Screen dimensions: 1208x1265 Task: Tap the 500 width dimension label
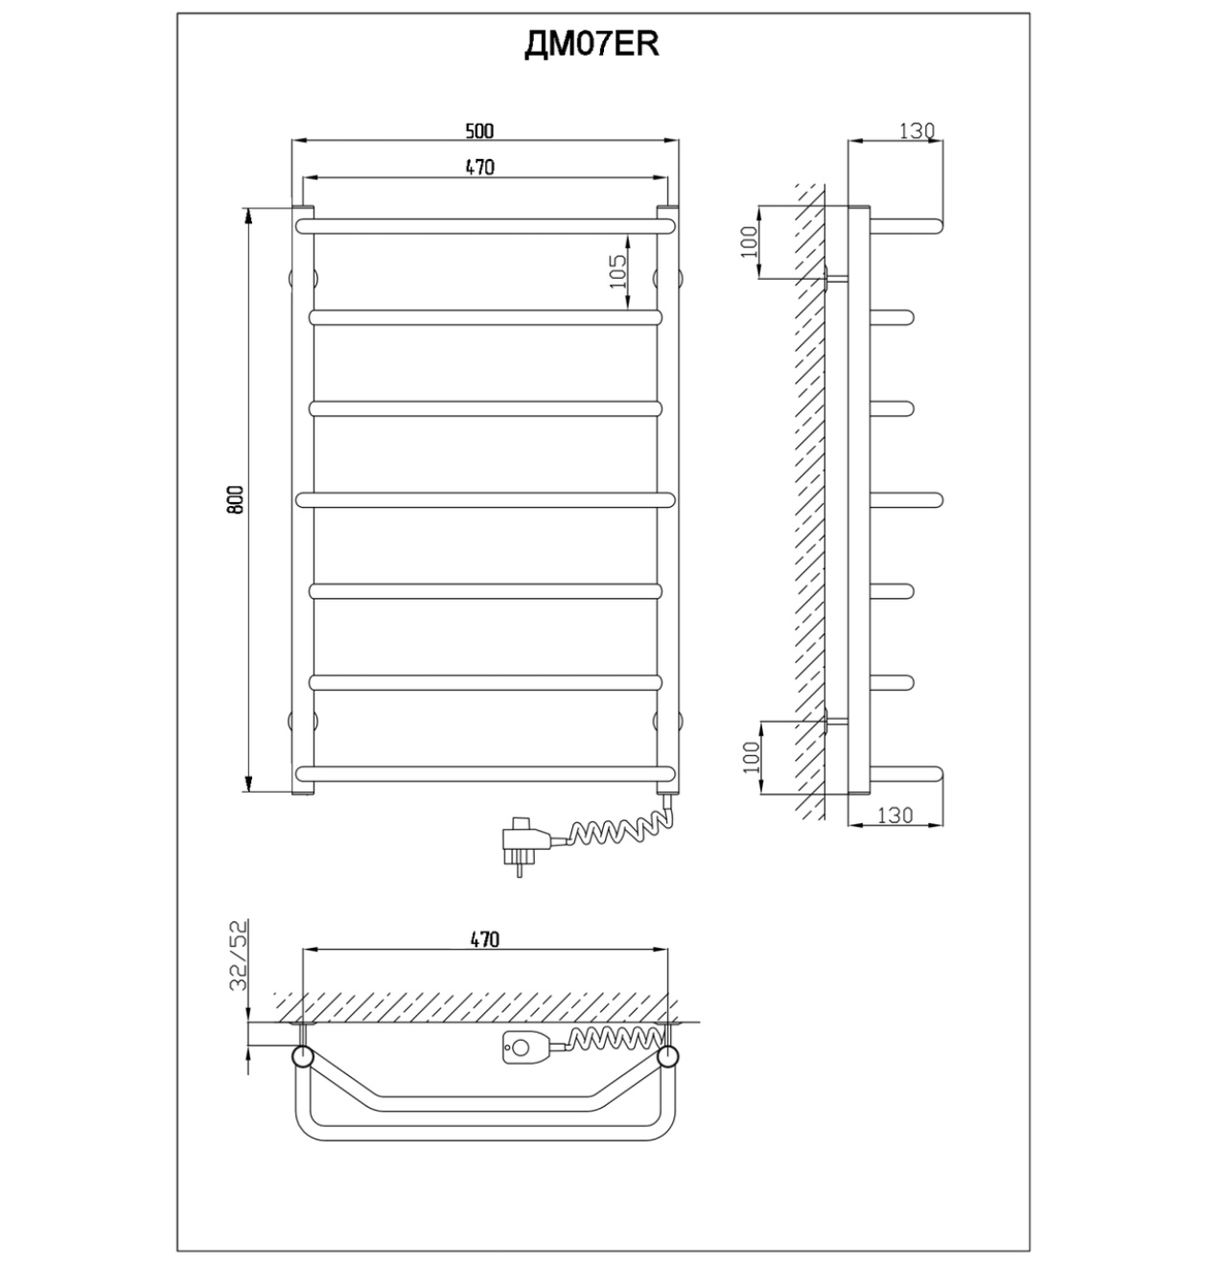[479, 131]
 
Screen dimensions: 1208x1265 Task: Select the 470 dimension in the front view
[479, 168]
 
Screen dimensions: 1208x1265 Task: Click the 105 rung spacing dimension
[616, 271]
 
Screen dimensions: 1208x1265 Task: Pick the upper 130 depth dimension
[917, 131]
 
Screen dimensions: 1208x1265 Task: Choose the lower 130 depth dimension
[895, 816]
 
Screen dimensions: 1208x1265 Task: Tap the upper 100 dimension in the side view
[749, 241]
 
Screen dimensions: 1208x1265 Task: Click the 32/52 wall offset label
[239, 955]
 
